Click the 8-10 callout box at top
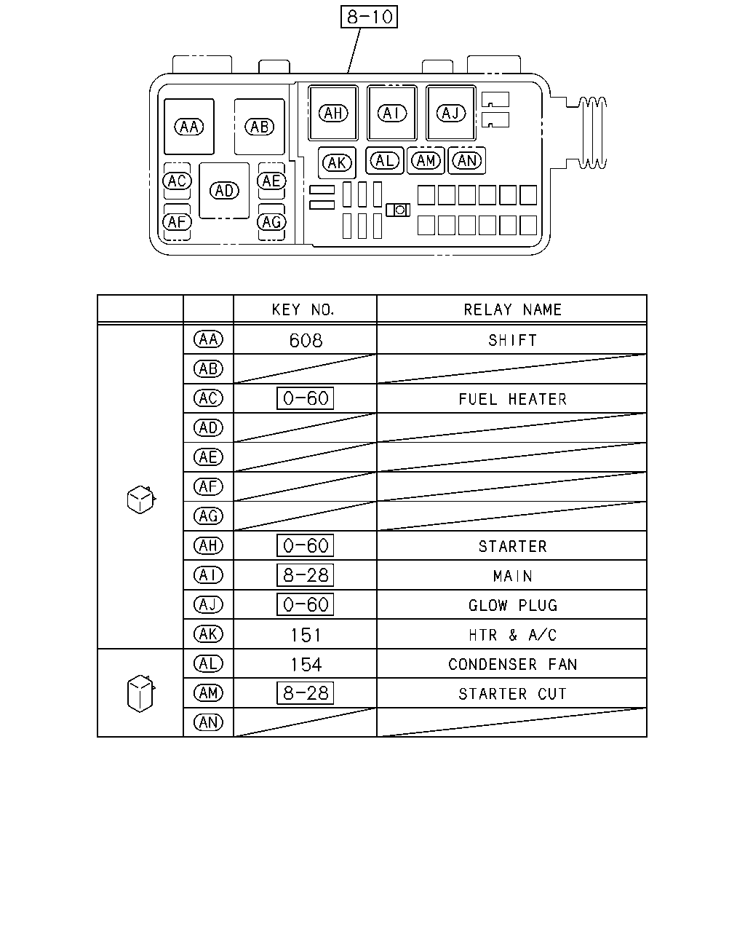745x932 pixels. (369, 17)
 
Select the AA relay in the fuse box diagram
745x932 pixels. (188, 127)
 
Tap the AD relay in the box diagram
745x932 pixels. (224, 191)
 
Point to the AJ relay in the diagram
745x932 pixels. (450, 113)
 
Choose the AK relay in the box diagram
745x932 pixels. (337, 163)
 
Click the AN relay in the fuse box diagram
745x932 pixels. (466, 161)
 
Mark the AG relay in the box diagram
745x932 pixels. (271, 222)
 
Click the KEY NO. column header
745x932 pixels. (303, 309)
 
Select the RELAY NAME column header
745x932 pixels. (512, 309)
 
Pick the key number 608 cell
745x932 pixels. (306, 341)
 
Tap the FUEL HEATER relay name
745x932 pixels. (512, 399)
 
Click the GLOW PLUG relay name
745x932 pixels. (513, 605)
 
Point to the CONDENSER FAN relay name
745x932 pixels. (512, 664)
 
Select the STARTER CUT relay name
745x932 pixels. (512, 693)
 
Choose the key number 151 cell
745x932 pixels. (306, 635)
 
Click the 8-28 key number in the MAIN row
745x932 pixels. (305, 575)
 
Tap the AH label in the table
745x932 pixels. (208, 545)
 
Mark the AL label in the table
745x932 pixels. (208, 663)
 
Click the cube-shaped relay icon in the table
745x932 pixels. (141, 499)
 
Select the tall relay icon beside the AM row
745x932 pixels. (140, 693)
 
